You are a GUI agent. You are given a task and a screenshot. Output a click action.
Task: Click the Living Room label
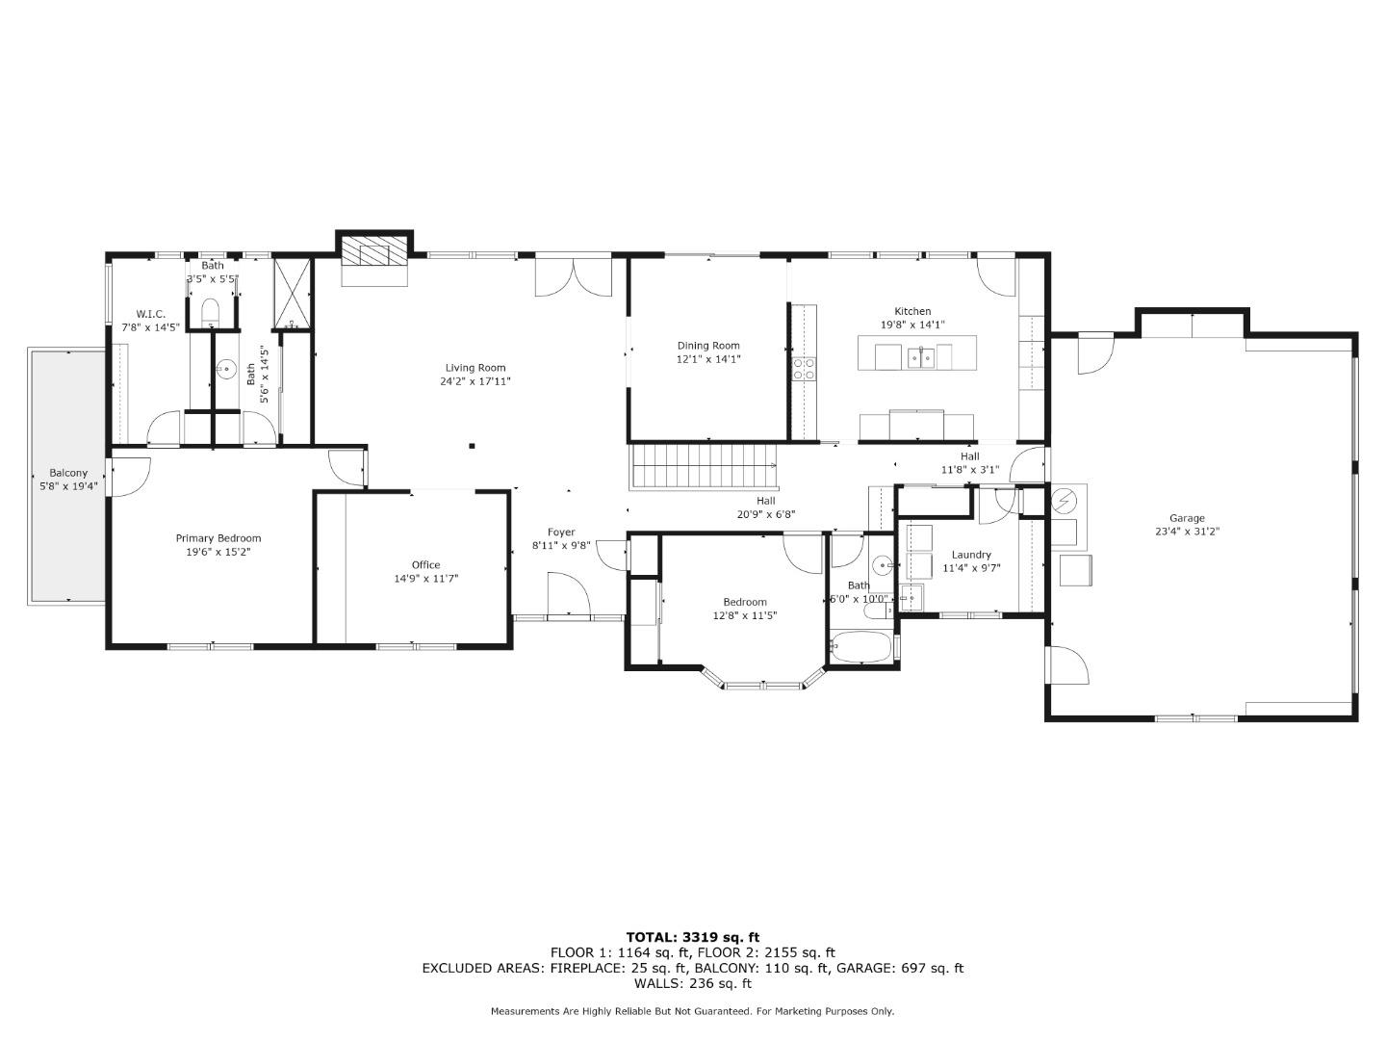pos(475,368)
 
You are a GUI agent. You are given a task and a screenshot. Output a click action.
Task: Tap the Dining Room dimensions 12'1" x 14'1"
pos(708,359)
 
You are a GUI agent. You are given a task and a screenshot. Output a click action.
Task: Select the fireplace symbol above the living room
pos(374,251)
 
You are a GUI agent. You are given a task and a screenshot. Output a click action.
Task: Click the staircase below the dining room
pos(704,467)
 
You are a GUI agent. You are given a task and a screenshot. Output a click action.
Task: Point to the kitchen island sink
pos(920,358)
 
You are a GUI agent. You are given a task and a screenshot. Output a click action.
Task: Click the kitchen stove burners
pos(804,369)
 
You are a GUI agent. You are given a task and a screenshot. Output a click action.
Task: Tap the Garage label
pos(1187,518)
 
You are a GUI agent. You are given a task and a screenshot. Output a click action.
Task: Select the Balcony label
pos(68,473)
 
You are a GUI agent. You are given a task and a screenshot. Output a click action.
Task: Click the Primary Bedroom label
pos(218,538)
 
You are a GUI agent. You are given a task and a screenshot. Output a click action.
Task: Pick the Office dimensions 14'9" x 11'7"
pos(425,579)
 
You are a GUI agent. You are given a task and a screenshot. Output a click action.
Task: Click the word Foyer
pos(561,533)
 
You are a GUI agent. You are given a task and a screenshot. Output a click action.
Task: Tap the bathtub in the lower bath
pos(860,646)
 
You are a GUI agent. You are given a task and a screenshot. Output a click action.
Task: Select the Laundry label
pos(971,555)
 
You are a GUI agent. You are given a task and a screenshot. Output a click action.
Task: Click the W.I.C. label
pos(151,314)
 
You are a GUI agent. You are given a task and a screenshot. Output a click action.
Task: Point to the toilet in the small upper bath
pos(211,312)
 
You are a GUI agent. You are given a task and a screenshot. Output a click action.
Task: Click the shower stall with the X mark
pos(293,293)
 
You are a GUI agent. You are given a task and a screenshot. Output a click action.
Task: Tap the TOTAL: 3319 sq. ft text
pos(692,937)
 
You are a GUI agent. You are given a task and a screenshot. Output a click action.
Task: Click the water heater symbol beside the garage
pos(1065,502)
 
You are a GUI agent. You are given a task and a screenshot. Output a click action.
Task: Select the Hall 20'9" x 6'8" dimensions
pos(765,514)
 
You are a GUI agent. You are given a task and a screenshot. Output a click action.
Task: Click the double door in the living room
pos(573,279)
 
